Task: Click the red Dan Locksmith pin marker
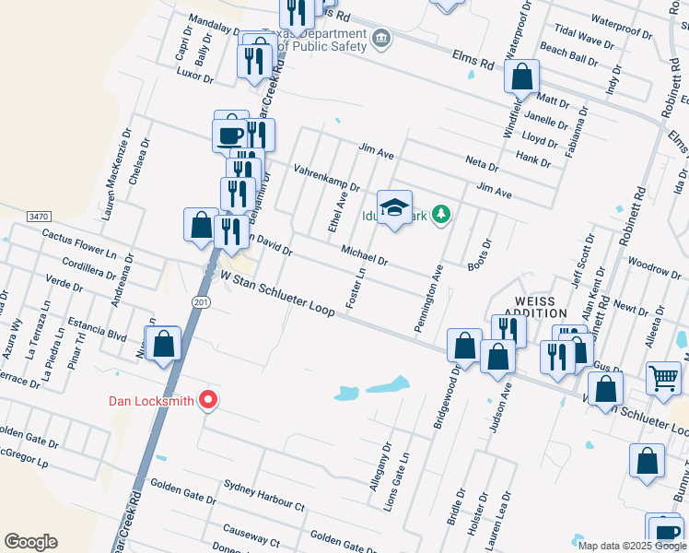click(208, 399)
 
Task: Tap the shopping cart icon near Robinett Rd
click(663, 376)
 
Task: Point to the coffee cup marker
click(229, 135)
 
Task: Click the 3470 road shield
click(38, 216)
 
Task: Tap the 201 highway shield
click(203, 301)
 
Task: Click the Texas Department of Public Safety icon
click(381, 40)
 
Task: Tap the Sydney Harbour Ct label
click(265, 497)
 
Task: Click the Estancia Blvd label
click(97, 329)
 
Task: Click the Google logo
click(30, 542)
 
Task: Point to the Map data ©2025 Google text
click(631, 546)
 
